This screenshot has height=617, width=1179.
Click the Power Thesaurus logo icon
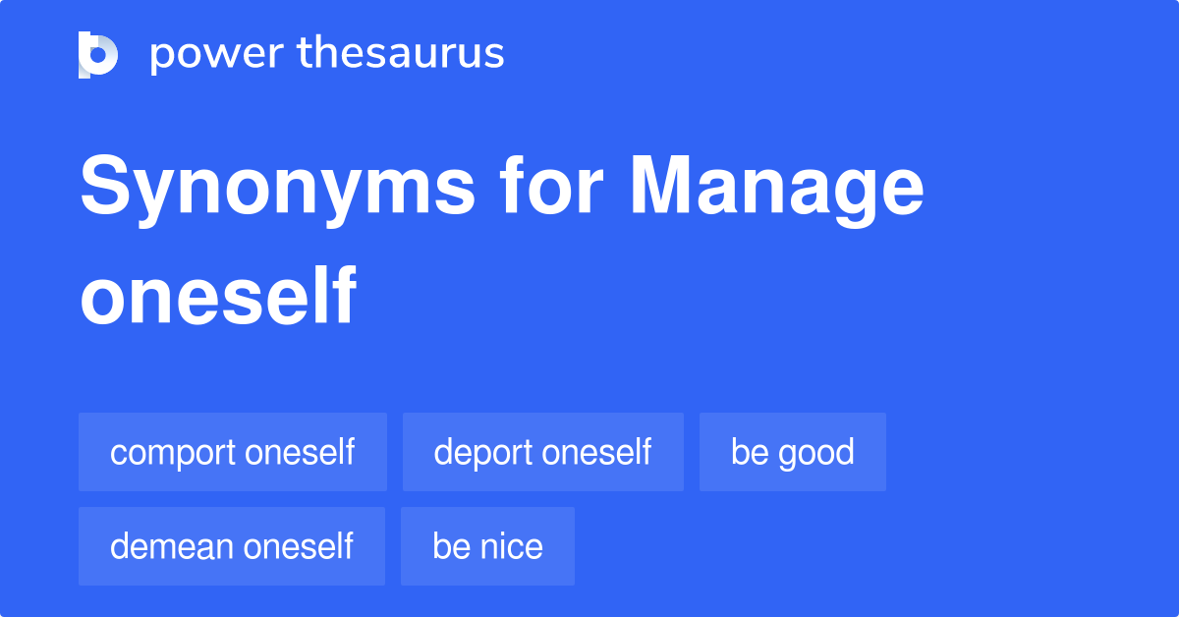click(97, 55)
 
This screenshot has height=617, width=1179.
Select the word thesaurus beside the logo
click(401, 54)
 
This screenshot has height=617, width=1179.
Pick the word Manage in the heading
click(776, 189)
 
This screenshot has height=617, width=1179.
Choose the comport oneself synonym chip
click(232, 452)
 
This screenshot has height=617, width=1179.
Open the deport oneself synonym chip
click(542, 452)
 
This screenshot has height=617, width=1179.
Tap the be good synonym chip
click(792, 452)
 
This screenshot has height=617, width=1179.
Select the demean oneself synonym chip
click(232, 546)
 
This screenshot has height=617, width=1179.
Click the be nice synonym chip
click(487, 546)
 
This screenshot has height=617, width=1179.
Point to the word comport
click(173, 453)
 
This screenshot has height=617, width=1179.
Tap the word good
click(815, 453)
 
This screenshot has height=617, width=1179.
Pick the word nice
click(512, 546)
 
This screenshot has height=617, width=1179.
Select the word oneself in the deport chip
click(597, 453)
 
